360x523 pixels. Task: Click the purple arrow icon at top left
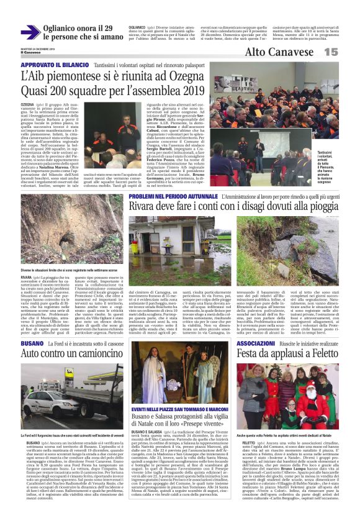tap(30, 32)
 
